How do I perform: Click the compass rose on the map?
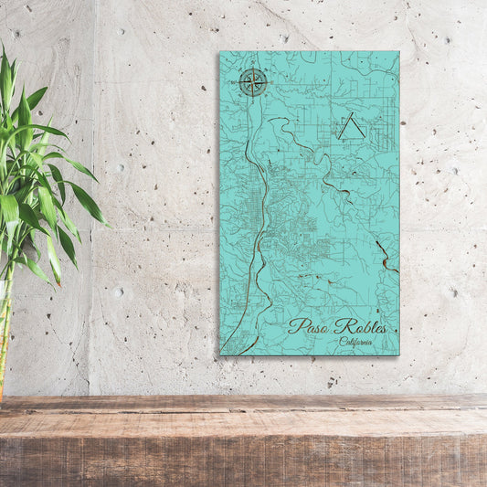tap(253, 82)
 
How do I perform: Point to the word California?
tap(355, 342)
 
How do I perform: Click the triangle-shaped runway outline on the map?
tap(350, 127)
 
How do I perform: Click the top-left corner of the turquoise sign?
tap(220, 52)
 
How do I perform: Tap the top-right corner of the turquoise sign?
tap(398, 52)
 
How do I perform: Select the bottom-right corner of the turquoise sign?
tap(398, 355)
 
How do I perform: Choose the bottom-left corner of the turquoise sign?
tap(220, 355)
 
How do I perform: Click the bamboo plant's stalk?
tap(4, 338)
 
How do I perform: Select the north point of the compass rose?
tap(253, 69)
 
